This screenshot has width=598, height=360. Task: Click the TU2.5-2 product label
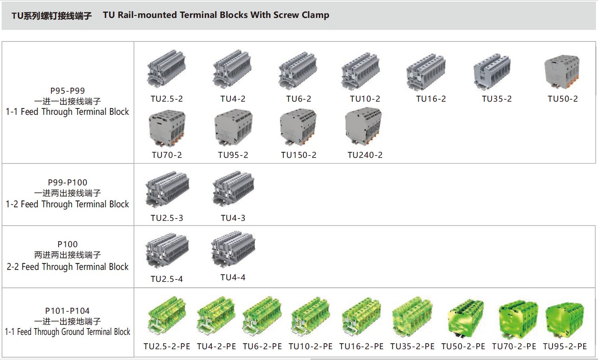pos(167,99)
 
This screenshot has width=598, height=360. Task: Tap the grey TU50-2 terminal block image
pos(562,72)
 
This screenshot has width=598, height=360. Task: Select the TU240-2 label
pos(365,155)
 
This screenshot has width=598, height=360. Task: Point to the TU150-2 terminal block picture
pos(298,127)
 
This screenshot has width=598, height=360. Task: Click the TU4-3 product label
pos(233,218)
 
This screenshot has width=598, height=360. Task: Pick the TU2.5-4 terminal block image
pos(167,250)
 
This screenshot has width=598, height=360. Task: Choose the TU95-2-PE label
pos(565,346)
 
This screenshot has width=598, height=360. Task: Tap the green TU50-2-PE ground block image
pos(466,318)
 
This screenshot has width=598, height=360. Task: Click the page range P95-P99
pos(67,91)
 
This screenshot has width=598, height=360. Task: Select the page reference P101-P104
pos(67,311)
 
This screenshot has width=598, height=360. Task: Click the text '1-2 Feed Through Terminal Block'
pos(67,204)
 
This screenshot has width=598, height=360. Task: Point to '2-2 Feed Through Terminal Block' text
pos(67,267)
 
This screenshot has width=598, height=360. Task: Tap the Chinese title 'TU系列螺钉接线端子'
pos(51,16)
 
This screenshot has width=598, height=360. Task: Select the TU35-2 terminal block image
pos(492,72)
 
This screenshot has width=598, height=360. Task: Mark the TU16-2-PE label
pos(361,346)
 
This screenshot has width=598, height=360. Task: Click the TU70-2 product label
pos(167,155)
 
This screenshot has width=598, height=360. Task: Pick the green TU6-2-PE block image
pos(262,316)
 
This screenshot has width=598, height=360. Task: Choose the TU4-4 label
pos(233,277)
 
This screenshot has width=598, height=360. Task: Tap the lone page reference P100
pos(67,244)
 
